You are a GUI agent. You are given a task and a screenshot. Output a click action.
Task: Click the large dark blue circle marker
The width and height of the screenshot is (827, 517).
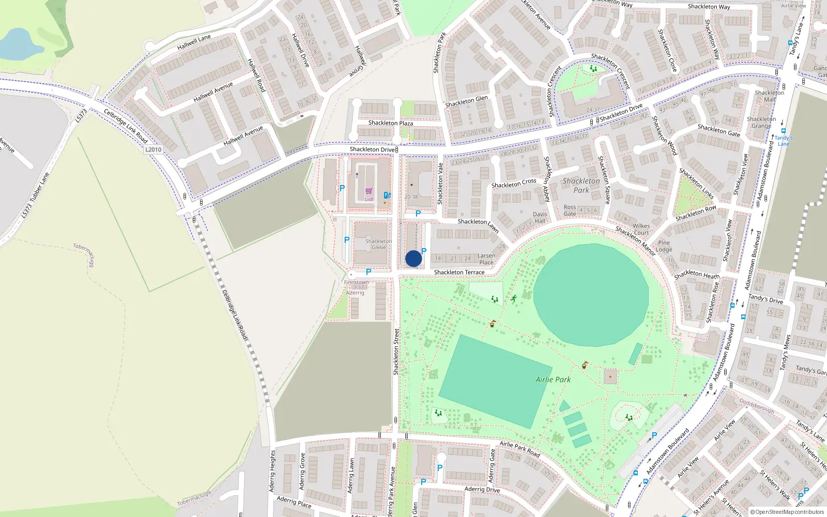coord(413,258)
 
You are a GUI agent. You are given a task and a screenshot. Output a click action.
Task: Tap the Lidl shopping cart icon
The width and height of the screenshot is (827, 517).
coord(369,191)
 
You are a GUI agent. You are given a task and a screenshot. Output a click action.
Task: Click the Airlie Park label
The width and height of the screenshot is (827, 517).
coord(553,379)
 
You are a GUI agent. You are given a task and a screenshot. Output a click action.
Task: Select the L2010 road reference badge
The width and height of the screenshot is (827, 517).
coord(153,149)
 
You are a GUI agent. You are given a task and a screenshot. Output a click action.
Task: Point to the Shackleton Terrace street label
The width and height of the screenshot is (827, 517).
coord(459,272)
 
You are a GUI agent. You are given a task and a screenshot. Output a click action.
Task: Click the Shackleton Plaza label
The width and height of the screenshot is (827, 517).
coord(390,123)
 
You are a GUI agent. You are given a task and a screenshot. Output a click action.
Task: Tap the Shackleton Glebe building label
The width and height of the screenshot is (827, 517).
coord(379,245)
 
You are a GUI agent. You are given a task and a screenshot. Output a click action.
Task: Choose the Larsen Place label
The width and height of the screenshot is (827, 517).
coord(486,259)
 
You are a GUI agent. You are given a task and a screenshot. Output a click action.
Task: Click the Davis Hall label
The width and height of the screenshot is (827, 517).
coord(540,218)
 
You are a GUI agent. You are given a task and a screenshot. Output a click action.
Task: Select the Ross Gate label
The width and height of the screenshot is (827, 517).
coord(570,210)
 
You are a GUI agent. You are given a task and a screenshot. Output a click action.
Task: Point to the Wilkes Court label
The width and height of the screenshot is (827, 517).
coord(641,229)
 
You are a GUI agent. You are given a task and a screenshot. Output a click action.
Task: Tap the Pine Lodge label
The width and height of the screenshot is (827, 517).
coord(664,246)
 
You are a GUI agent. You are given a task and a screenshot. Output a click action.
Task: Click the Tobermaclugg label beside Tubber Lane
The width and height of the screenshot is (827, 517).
coord(83,255)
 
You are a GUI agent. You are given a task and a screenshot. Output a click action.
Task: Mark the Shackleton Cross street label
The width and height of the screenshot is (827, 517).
coord(514,183)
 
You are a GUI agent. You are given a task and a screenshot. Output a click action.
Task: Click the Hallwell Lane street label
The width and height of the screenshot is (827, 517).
coord(194,42)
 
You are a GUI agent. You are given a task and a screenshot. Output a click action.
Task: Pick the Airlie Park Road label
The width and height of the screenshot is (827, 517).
coord(519,449)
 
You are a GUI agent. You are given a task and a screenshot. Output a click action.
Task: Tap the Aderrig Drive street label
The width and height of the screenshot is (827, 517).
coord(482,489)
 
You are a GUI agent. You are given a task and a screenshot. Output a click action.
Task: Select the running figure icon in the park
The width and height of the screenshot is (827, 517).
coord(514,298)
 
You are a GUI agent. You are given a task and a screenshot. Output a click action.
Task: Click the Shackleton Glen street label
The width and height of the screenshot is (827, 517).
coord(466,101)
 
